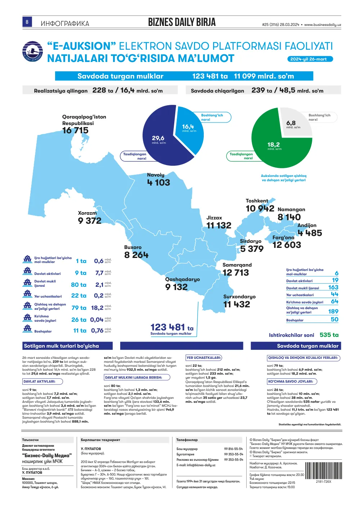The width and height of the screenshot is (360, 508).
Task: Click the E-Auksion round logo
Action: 33,51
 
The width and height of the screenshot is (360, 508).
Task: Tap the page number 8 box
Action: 27,22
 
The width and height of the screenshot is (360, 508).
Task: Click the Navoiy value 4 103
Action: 158,183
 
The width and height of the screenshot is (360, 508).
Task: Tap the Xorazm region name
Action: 87,213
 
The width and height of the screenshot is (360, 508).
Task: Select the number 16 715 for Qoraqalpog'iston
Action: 75,130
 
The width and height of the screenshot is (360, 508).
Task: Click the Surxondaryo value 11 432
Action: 237,304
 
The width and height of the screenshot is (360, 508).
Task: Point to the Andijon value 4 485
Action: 310,233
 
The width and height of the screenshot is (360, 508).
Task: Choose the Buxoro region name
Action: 133,247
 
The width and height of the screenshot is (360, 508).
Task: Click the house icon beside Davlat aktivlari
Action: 27,271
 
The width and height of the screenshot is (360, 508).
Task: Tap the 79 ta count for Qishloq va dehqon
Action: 79,308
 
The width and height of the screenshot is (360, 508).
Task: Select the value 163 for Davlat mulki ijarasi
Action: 333,288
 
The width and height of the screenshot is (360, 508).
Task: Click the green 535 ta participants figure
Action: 329,335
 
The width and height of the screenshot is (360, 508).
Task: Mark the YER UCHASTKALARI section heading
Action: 204,358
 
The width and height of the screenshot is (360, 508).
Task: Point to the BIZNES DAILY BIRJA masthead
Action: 182,22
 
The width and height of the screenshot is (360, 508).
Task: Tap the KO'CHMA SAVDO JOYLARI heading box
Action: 292,382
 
